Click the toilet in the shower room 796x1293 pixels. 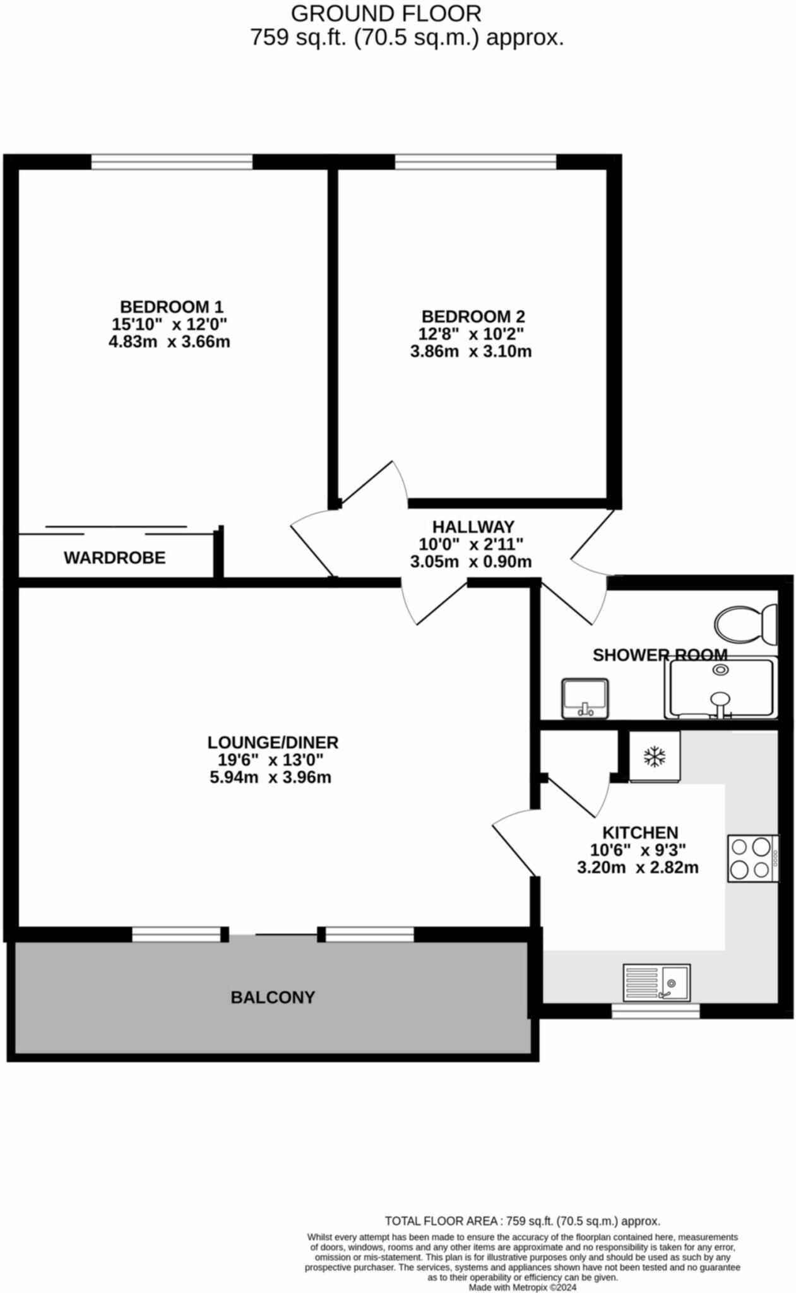coord(746,624)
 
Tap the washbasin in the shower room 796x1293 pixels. coord(585,698)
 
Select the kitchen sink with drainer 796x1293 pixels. coord(656,982)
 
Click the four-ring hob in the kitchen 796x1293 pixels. coord(752,858)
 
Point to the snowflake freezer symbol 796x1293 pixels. coord(655,756)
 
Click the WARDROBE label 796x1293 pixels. coord(114,557)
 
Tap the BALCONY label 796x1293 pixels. coord(273,997)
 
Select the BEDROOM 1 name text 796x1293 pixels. coord(171,307)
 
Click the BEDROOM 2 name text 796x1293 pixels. coord(473,316)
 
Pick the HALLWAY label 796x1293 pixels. coord(473,526)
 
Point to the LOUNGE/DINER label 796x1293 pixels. coord(273,742)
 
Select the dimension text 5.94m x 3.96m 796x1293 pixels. coord(270,777)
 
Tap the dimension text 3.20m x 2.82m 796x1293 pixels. coord(638,867)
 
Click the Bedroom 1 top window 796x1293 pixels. coord(172,162)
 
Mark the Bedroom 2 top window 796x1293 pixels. coord(475,162)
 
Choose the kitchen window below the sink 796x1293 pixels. coord(655,1011)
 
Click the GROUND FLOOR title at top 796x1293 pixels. coord(386,13)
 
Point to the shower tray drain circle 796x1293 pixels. coord(720,670)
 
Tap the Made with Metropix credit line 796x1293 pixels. coord(522,1287)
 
